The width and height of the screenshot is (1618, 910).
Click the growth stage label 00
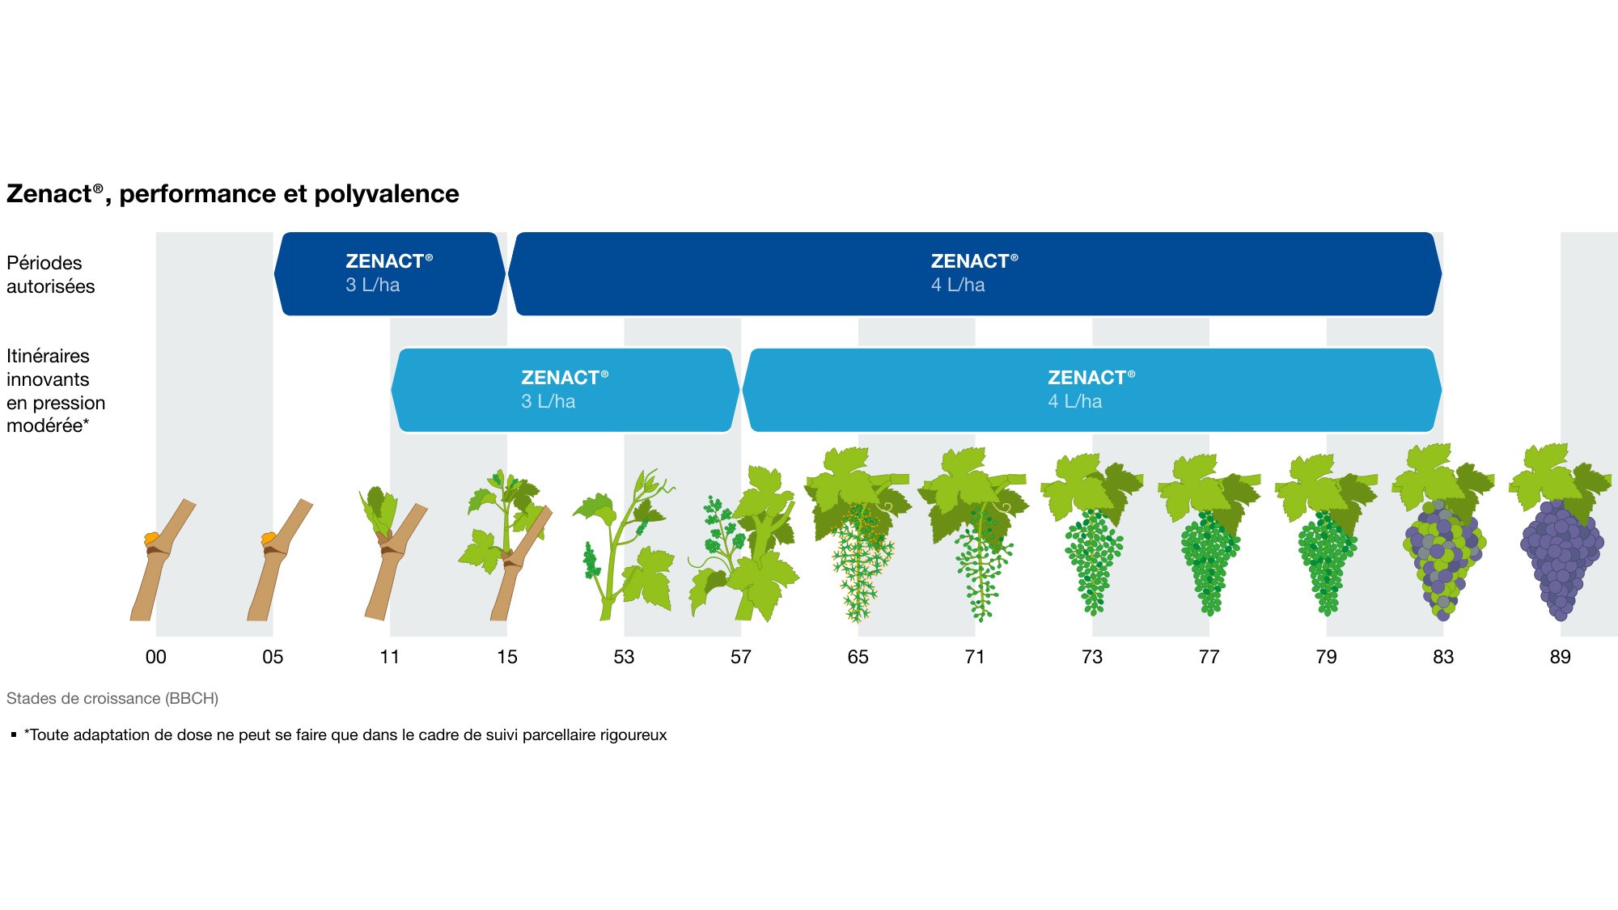(x=155, y=657)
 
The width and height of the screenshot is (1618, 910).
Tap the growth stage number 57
(x=741, y=657)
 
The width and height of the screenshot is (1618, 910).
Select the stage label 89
(x=1561, y=657)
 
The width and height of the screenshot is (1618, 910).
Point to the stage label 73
(x=1092, y=657)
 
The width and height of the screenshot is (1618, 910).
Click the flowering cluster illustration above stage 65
(x=859, y=561)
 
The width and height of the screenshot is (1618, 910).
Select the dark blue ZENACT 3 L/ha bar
(x=390, y=273)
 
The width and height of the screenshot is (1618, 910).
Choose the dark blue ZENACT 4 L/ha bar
(x=975, y=273)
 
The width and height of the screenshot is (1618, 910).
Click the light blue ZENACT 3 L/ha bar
(x=565, y=390)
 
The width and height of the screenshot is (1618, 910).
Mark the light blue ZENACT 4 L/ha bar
(x=1092, y=390)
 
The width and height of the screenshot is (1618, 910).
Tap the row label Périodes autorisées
(x=50, y=274)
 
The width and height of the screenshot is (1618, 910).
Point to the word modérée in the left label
(x=44, y=425)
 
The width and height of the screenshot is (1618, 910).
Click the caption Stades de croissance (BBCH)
(x=112, y=698)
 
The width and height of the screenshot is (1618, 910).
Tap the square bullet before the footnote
(x=14, y=734)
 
